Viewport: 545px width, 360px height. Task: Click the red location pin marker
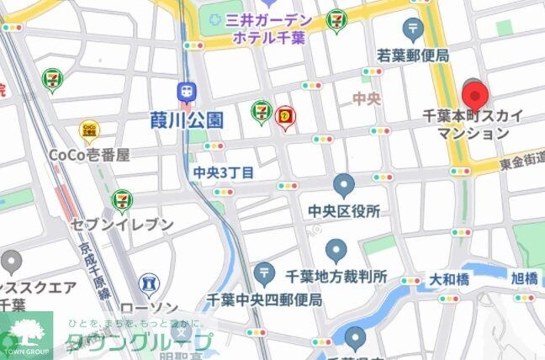tap(475, 93)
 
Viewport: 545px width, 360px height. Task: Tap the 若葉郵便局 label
tap(413, 56)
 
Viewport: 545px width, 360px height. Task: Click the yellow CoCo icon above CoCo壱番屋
tap(87, 130)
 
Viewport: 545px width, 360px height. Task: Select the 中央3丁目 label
tap(223, 172)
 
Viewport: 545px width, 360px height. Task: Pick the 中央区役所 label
tap(344, 210)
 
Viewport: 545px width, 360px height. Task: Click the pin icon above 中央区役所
tap(344, 184)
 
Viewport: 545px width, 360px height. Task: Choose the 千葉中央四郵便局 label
tap(265, 299)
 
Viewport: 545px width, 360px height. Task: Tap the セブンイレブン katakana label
tap(123, 225)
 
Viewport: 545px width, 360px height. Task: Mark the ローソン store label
tap(150, 308)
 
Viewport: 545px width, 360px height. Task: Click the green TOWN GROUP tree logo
tap(25, 332)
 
